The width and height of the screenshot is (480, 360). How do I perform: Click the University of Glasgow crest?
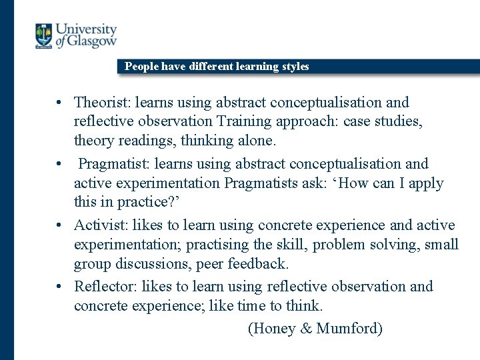[44, 35]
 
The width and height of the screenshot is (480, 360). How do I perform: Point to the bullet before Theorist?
[59, 103]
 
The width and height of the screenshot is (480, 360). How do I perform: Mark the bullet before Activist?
[59, 226]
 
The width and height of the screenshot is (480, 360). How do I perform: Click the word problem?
[339, 245]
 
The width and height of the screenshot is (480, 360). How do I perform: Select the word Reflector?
[104, 287]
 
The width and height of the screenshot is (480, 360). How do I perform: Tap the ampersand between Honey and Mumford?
[303, 329]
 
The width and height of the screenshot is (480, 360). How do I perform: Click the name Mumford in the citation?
[349, 329]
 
